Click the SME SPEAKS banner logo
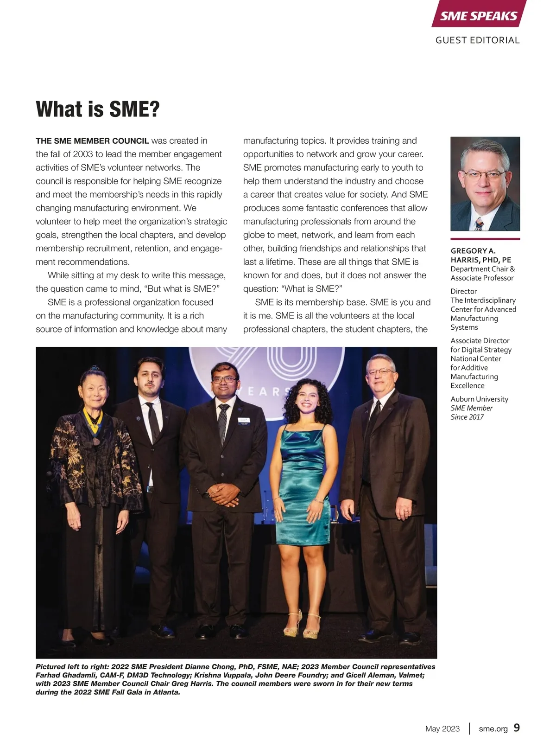click(x=479, y=15)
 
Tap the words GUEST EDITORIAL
click(x=477, y=40)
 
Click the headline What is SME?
click(x=98, y=109)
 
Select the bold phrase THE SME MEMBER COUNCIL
click(x=92, y=141)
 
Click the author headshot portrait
click(x=485, y=184)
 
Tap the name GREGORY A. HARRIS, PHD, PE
click(x=480, y=256)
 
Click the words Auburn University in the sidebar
click(x=479, y=399)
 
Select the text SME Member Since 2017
click(x=471, y=413)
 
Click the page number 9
click(x=517, y=728)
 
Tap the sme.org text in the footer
click(x=493, y=729)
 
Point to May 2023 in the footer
click(x=442, y=729)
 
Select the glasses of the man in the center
click(x=224, y=379)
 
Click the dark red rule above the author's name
click(x=485, y=239)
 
